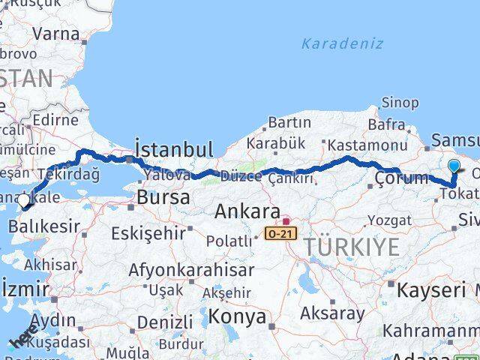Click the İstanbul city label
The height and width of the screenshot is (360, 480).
173,148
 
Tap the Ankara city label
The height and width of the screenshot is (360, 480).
247,211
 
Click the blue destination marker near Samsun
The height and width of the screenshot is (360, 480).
454,166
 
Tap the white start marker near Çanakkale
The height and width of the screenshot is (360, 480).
23,200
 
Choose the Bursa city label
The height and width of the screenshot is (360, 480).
160,199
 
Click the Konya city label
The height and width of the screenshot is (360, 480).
237,316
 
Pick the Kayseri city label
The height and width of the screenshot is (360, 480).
431,290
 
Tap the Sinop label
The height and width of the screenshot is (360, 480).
400,103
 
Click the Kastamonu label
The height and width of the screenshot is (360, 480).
367,145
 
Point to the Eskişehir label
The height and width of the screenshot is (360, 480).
148,233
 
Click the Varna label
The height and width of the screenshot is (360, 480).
55,34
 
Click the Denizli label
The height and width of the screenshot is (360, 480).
166,322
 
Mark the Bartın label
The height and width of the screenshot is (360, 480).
289,121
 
